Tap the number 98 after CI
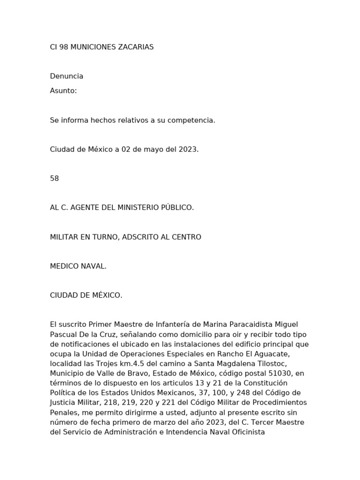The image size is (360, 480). tap(64, 47)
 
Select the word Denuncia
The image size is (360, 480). tap(67, 76)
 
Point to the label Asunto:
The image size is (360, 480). tap(63, 90)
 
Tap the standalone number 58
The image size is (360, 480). tap(54, 178)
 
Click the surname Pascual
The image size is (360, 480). tap(63, 334)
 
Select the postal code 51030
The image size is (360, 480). tap(279, 373)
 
